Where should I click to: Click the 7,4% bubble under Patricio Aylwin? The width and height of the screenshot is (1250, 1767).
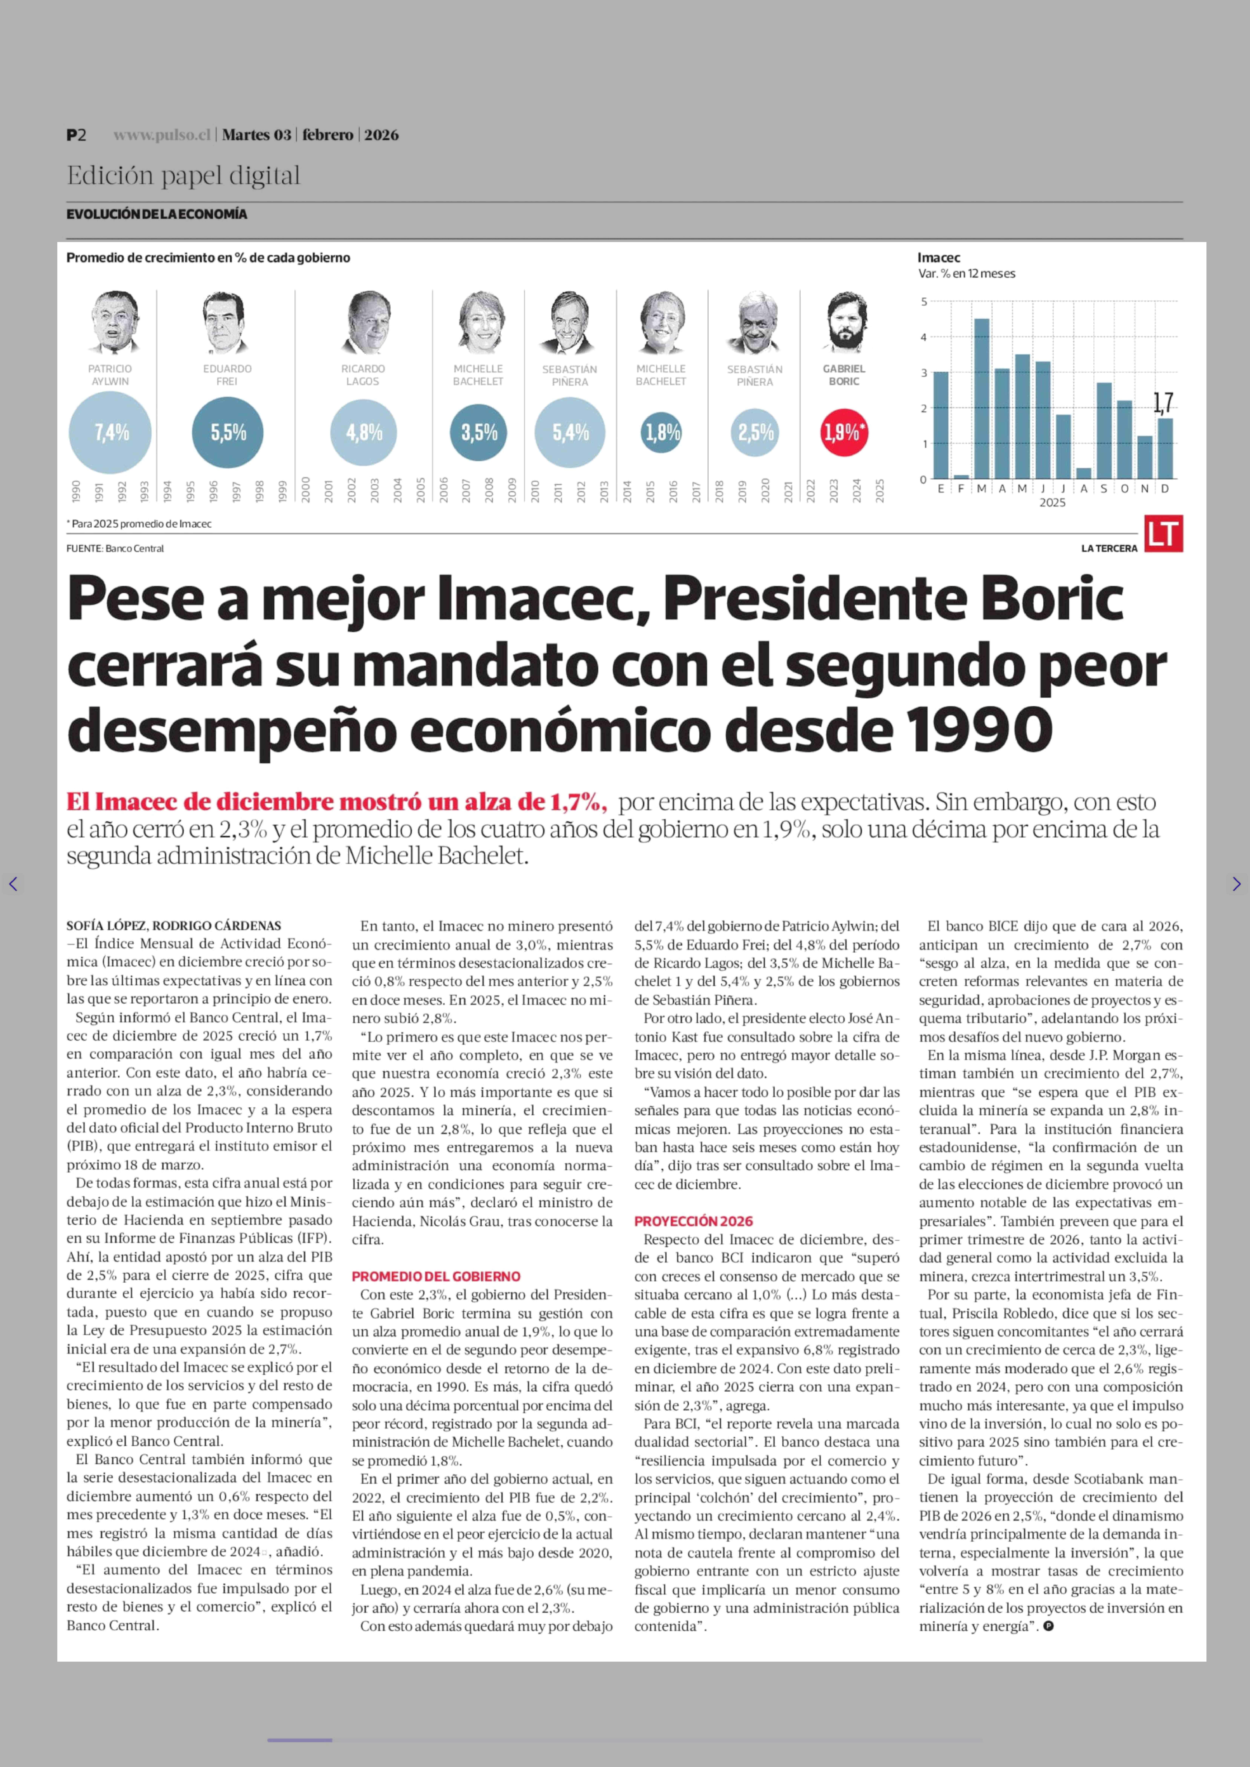click(x=110, y=433)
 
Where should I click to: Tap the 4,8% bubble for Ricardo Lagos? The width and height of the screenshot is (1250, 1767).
click(x=363, y=433)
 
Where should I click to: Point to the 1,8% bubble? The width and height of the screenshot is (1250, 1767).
click(x=661, y=433)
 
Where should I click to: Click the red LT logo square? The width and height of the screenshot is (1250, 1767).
click(x=1163, y=533)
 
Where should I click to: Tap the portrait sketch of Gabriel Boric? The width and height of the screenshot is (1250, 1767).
click(x=844, y=323)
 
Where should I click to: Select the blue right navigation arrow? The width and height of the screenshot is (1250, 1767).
click(x=1236, y=884)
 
